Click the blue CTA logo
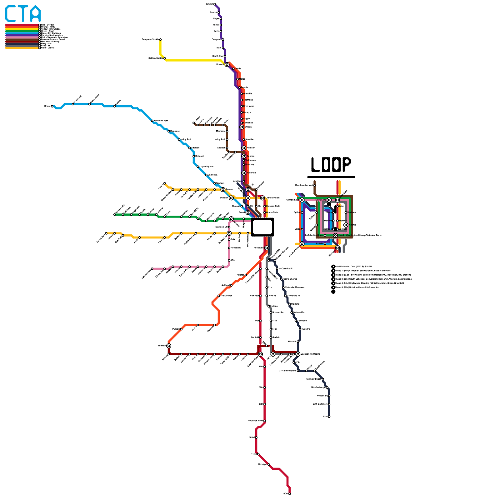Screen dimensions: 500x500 tap(23, 14)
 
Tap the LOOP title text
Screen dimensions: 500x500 tap(331, 164)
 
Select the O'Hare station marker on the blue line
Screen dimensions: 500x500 tap(52, 106)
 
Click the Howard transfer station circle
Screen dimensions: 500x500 tap(227, 65)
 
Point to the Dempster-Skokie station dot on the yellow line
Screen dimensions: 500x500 tap(160, 40)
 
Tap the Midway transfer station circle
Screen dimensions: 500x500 tap(169, 346)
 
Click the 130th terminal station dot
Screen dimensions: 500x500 tap(290, 494)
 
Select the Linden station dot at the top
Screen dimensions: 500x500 tap(214, 4)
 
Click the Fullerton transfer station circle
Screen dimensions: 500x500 tap(244, 173)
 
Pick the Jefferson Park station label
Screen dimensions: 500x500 tap(161, 121)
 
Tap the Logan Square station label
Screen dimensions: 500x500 tap(206, 167)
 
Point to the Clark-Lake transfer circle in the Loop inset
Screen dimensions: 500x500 tap(329, 200)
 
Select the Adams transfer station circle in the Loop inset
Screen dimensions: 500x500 tap(346, 225)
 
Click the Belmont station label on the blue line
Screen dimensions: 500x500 tap(199, 156)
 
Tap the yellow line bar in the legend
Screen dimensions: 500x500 tap(22, 29)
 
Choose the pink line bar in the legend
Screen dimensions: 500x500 tap(22, 37)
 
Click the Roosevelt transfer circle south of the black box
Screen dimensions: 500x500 tap(267, 248)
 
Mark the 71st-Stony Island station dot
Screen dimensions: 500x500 tap(298, 371)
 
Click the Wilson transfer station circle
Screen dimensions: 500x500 tap(242, 127)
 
